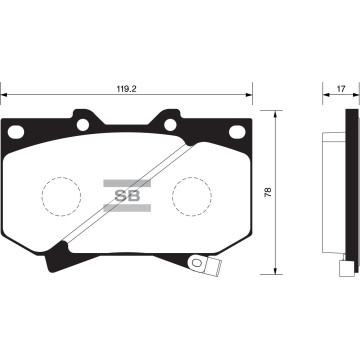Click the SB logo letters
pos(127,192)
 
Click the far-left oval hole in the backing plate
pos(17,132)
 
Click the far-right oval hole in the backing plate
pos(237,132)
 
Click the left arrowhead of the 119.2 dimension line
pos(5,97)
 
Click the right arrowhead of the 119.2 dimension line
pos(249,97)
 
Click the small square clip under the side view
pos(345,267)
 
